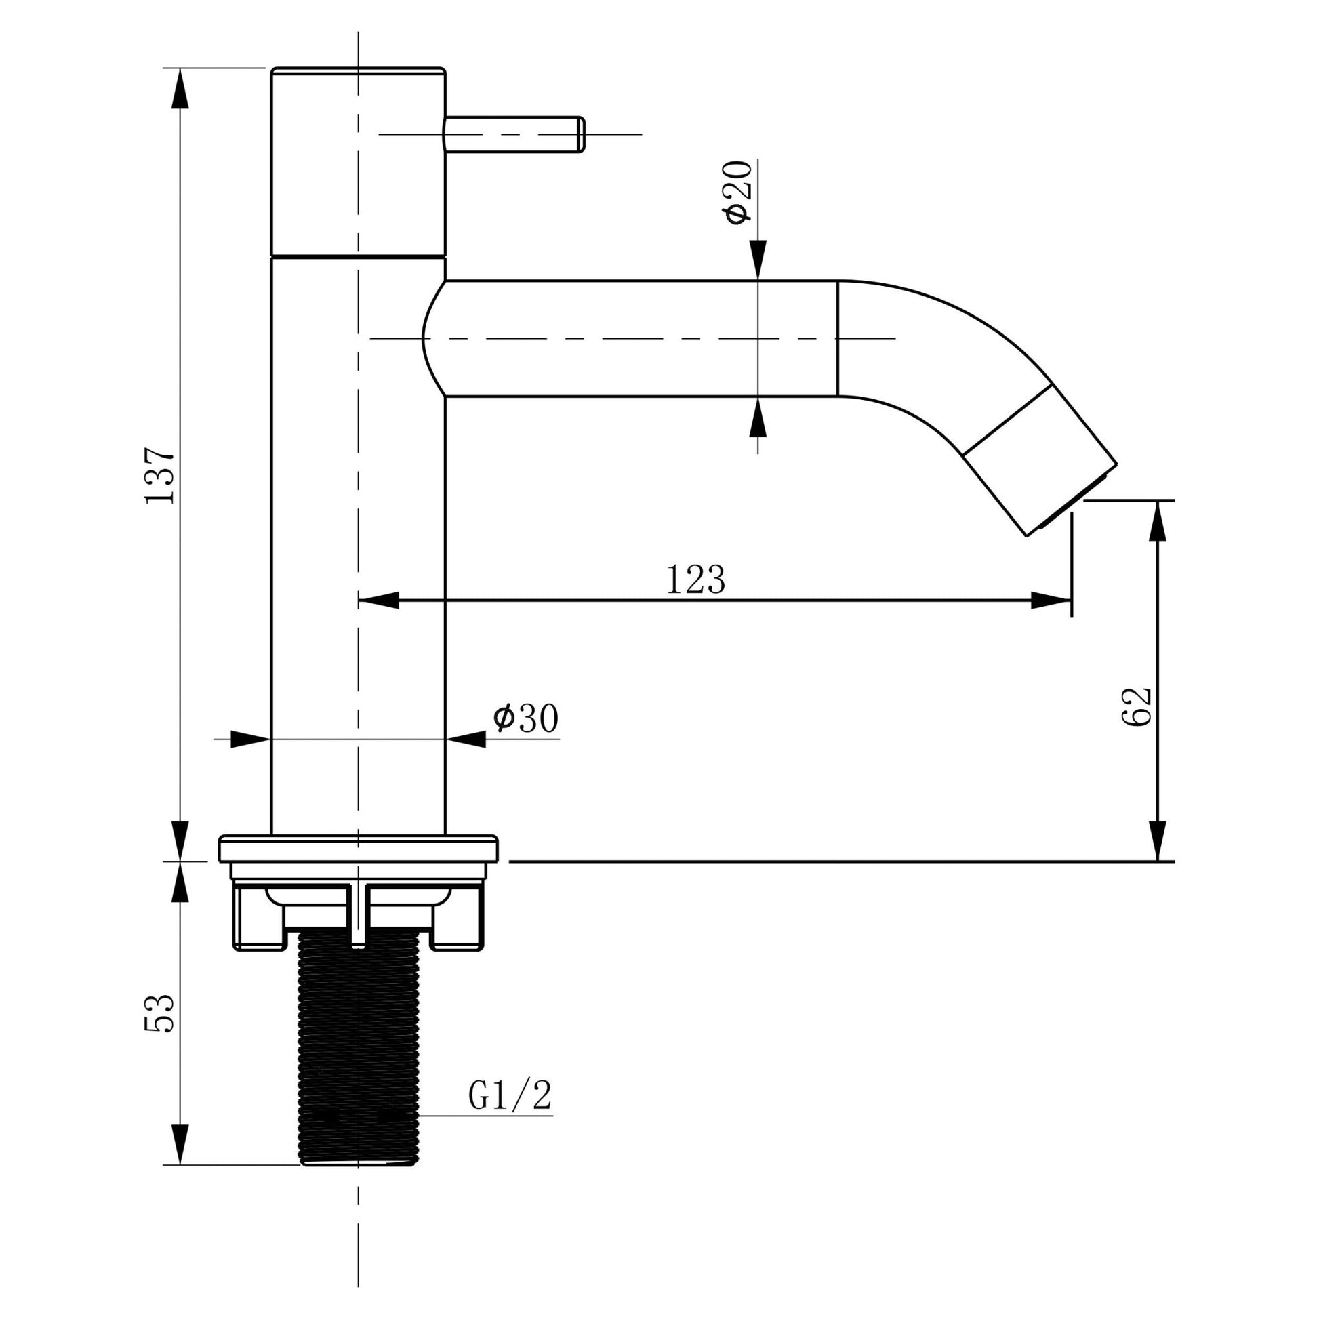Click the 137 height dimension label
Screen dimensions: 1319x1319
tap(161, 476)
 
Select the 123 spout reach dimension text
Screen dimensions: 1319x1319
tap(695, 580)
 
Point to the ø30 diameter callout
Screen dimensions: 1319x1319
tap(527, 719)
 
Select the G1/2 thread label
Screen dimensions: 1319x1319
tap(510, 1097)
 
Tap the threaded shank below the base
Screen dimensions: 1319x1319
tap(359, 1051)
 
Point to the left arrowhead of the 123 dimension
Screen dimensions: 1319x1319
tap(378, 601)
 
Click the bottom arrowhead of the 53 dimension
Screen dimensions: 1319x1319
tap(180, 1145)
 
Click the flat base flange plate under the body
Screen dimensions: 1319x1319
tap(358, 849)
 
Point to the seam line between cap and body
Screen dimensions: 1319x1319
tap(358, 257)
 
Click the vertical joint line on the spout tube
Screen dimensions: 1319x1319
tap(838, 338)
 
